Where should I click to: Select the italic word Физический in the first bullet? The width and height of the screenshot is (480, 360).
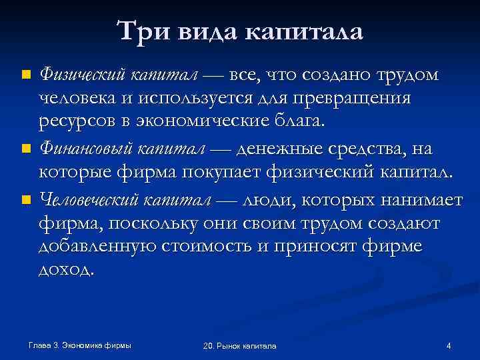pos(81,75)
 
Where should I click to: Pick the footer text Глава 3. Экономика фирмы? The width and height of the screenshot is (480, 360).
pos(80,345)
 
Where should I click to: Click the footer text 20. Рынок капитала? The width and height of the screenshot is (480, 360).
pos(239,345)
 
